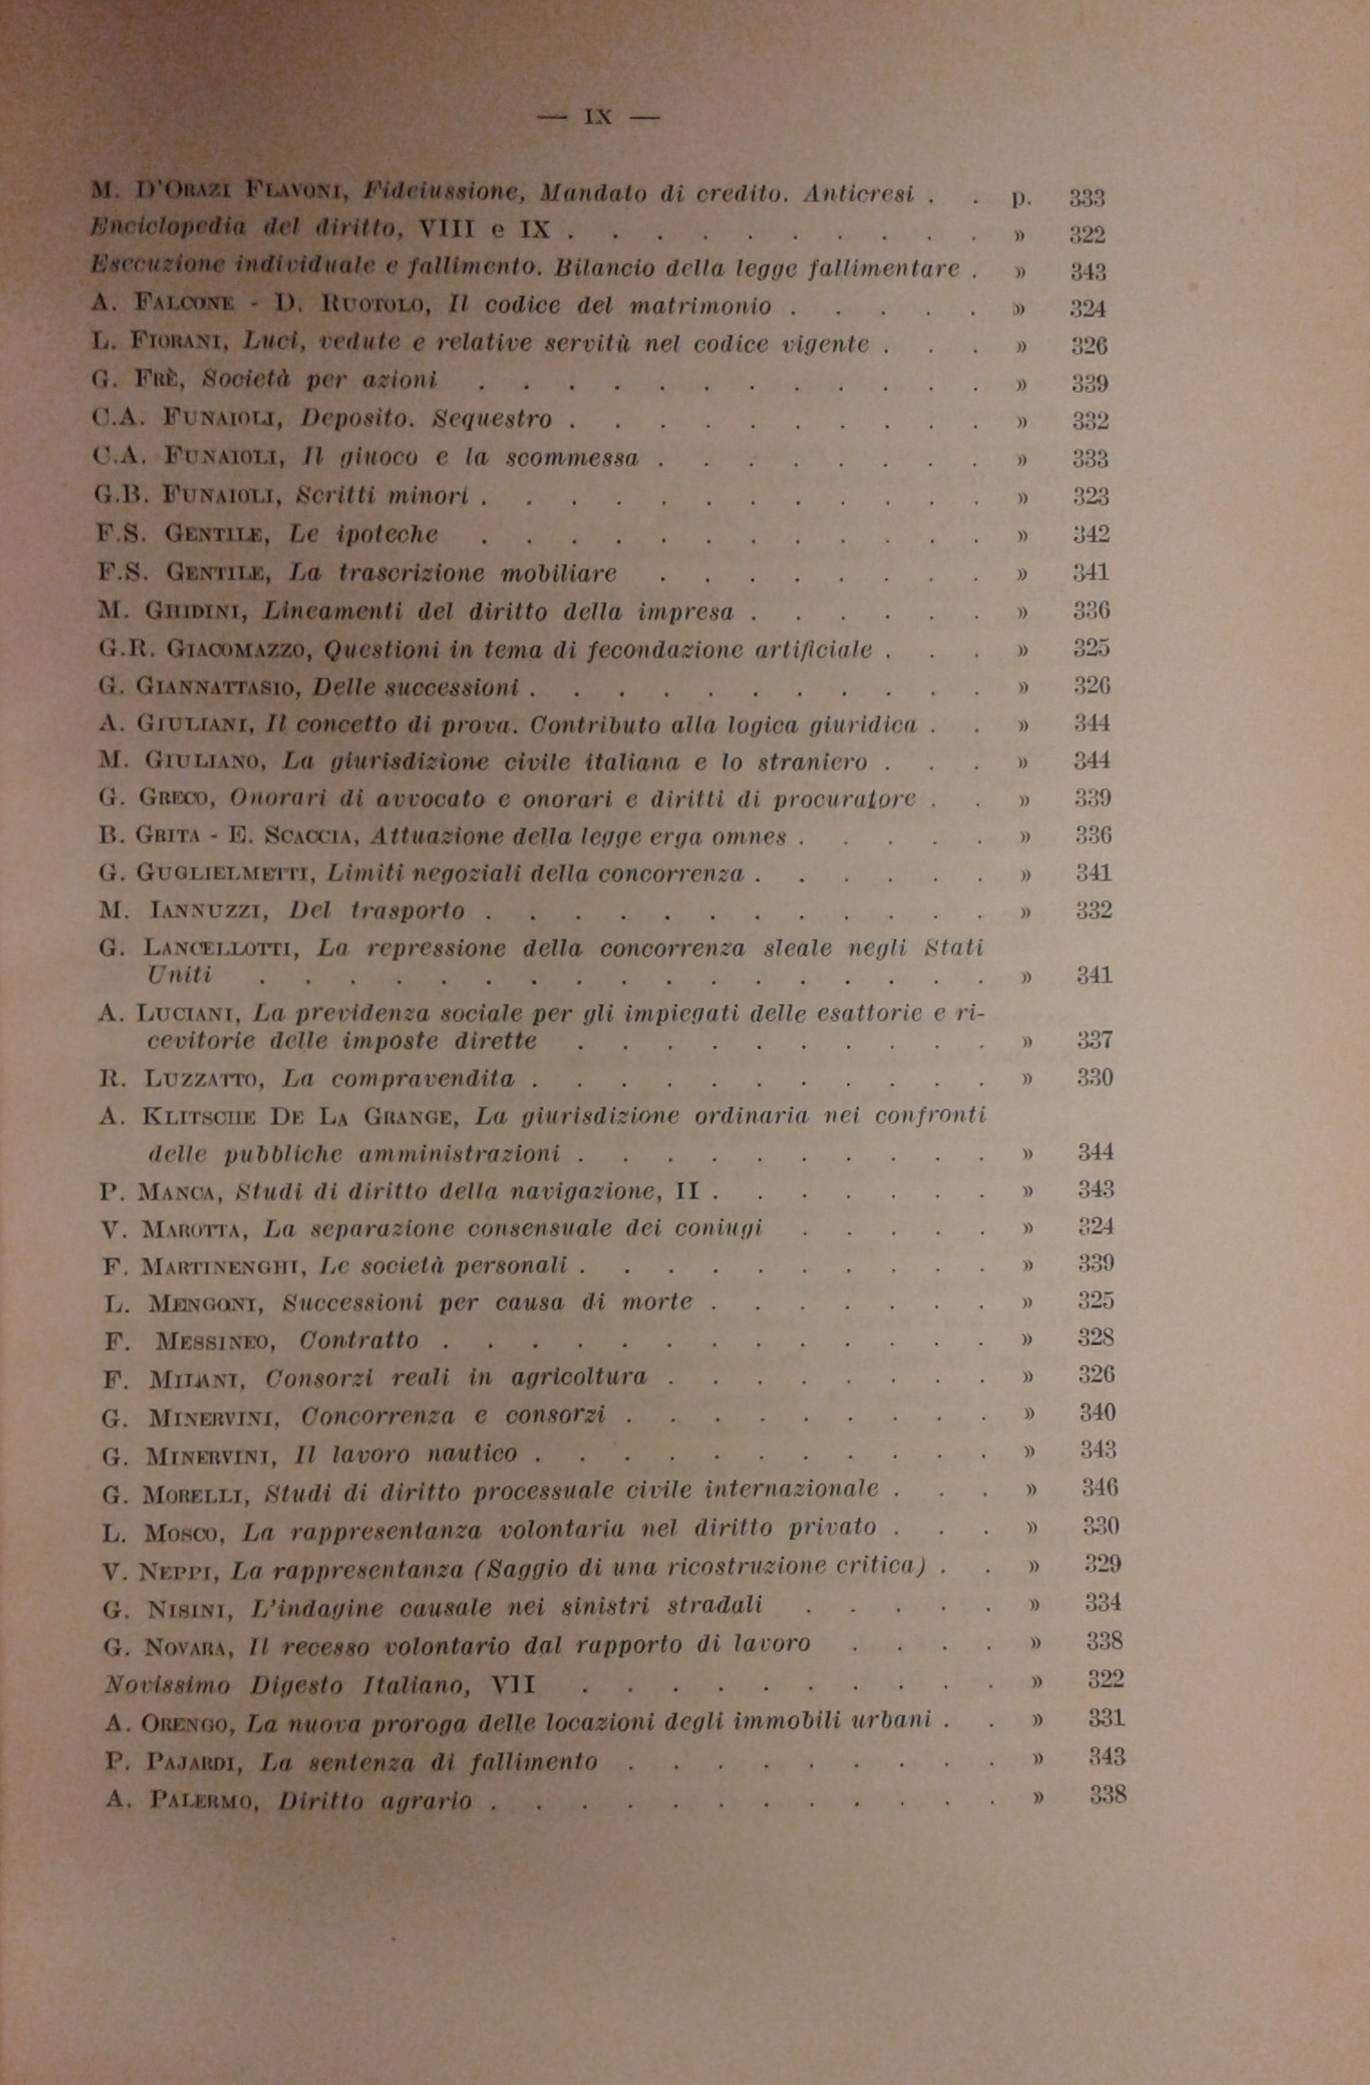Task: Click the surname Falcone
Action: coord(184,305)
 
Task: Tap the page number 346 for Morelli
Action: coord(1100,1488)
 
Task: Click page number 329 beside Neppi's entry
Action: coord(1102,1565)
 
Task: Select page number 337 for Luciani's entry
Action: coord(1095,1041)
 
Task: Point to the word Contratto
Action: coord(359,1341)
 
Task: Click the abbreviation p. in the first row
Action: coord(1021,198)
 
